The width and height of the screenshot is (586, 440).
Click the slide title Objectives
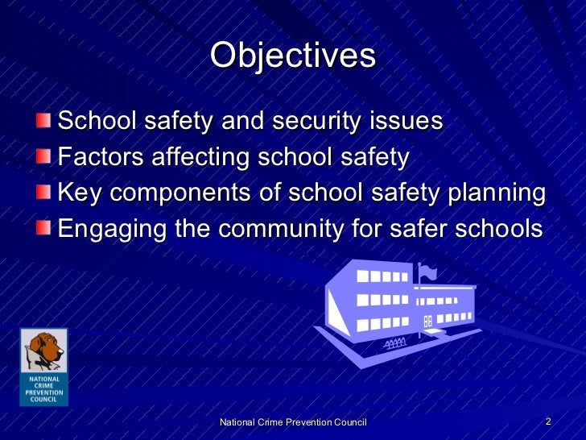point(293,56)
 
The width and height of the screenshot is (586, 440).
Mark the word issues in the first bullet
point(406,122)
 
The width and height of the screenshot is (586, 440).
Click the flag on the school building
point(428,272)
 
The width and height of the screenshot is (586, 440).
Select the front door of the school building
point(427,320)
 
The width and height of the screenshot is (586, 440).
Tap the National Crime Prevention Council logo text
point(44,389)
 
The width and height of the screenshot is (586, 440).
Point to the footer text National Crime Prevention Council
point(293,423)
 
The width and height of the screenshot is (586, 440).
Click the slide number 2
point(547,422)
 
